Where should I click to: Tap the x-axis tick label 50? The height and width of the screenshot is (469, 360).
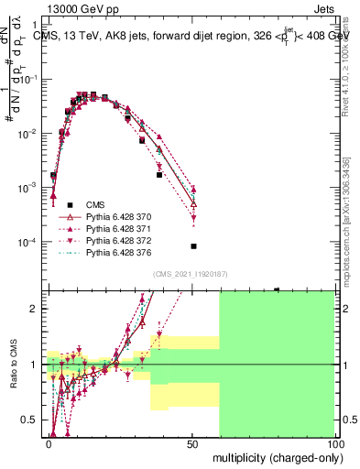click(192, 443)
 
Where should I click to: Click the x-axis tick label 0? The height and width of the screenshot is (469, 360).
click(49, 443)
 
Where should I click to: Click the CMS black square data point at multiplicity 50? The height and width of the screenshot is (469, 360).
click(193, 246)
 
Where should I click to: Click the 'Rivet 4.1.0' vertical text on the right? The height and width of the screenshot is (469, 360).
click(347, 69)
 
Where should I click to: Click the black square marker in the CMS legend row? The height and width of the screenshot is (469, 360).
click(67, 204)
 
